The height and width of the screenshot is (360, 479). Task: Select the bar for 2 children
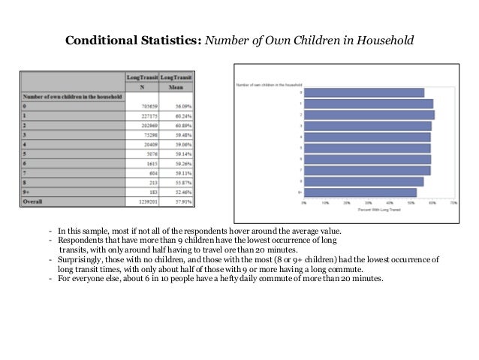369,115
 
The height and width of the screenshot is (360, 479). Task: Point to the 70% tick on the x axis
453,202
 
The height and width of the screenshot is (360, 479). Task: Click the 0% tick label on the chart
303,202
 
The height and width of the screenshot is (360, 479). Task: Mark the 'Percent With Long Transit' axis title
378,210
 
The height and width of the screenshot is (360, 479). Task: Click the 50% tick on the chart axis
411,202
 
